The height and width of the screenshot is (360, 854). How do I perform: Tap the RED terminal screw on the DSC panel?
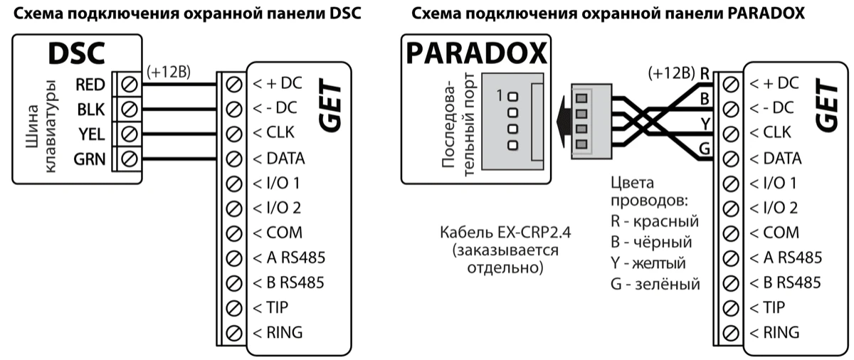pos(130,85)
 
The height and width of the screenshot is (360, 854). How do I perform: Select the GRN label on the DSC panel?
pos(90,158)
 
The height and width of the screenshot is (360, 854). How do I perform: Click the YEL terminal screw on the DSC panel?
pos(130,133)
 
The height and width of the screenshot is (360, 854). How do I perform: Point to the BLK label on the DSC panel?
pos(90,109)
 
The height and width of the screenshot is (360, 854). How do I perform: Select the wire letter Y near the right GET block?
pos(705,122)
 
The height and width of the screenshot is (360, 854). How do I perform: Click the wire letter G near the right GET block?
pos(705,148)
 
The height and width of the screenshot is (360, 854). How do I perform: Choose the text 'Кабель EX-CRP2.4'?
pos(506,233)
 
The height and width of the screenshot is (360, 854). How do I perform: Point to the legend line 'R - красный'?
pos(655,221)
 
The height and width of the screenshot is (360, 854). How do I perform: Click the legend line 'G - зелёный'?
pos(655,284)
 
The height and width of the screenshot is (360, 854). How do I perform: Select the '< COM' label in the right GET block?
pos(774,233)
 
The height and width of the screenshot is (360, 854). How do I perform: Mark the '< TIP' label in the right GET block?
pos(767,307)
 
